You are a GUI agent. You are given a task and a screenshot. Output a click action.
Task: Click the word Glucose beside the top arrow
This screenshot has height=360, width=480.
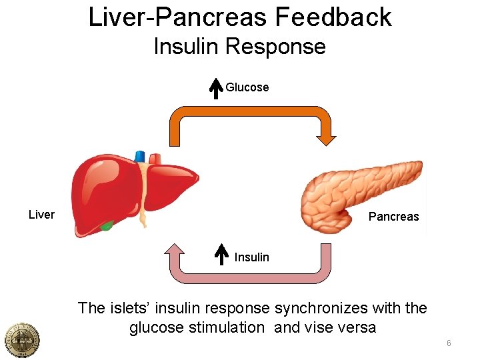pyautogui.click(x=247, y=87)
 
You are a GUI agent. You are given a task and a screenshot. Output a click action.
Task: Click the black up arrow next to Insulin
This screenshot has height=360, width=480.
pyautogui.click(x=223, y=255)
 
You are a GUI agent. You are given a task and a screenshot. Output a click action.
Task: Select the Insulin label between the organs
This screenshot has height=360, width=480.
pyautogui.click(x=252, y=257)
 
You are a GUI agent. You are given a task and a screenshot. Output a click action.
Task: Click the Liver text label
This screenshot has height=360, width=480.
pyautogui.click(x=41, y=215)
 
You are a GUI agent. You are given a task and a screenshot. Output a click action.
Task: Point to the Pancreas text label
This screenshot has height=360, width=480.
pyautogui.click(x=393, y=216)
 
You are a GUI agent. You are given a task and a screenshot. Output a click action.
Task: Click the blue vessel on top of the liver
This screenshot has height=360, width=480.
pyautogui.click(x=140, y=157)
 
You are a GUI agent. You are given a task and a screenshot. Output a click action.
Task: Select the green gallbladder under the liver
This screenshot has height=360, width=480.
pyautogui.click(x=106, y=225)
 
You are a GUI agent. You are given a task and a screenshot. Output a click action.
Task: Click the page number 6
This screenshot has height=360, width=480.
pyautogui.click(x=449, y=343)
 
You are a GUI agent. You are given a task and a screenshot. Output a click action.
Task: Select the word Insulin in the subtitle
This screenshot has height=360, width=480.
pyautogui.click(x=186, y=47)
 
